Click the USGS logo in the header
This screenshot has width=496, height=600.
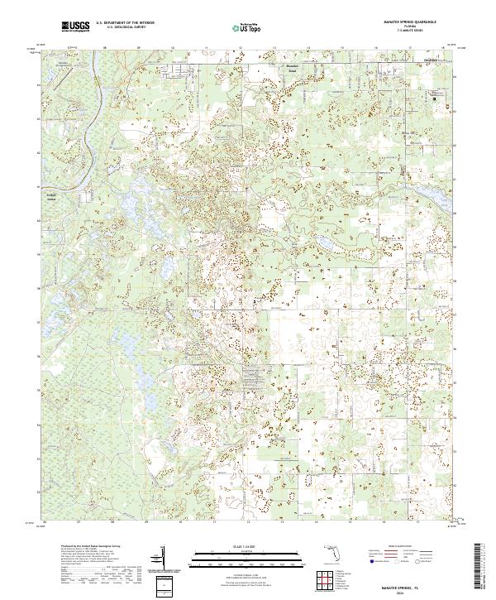point(75,26)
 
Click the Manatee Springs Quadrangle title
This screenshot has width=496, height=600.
point(410,23)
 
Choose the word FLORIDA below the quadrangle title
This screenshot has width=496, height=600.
point(410,27)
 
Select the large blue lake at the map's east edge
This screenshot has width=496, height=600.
point(436,198)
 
